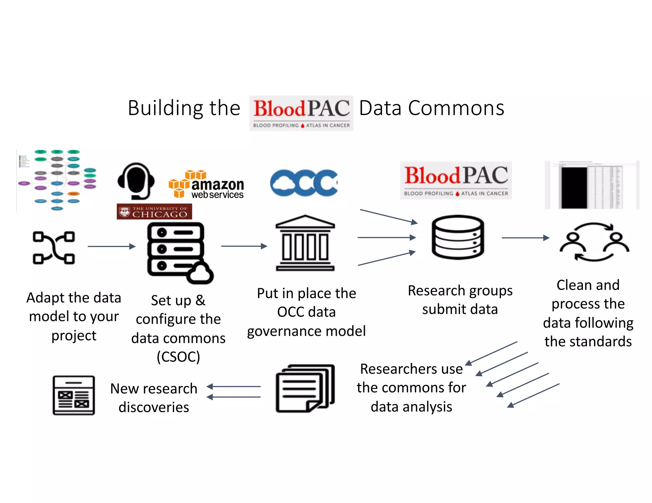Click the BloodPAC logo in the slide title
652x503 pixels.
click(301, 113)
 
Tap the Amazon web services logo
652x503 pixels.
click(206, 185)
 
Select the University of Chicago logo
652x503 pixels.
click(154, 212)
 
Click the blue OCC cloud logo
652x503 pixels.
click(304, 183)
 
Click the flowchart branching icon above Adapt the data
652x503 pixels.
click(54, 248)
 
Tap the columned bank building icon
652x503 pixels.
click(305, 243)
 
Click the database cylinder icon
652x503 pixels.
click(458, 237)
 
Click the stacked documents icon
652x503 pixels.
click(305, 389)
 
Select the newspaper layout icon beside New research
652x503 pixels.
click(74, 395)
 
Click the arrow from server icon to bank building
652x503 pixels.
click(244, 246)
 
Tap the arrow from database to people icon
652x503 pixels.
click(525, 238)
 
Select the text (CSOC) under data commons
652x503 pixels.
click(178, 357)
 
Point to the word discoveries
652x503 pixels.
click(154, 407)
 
